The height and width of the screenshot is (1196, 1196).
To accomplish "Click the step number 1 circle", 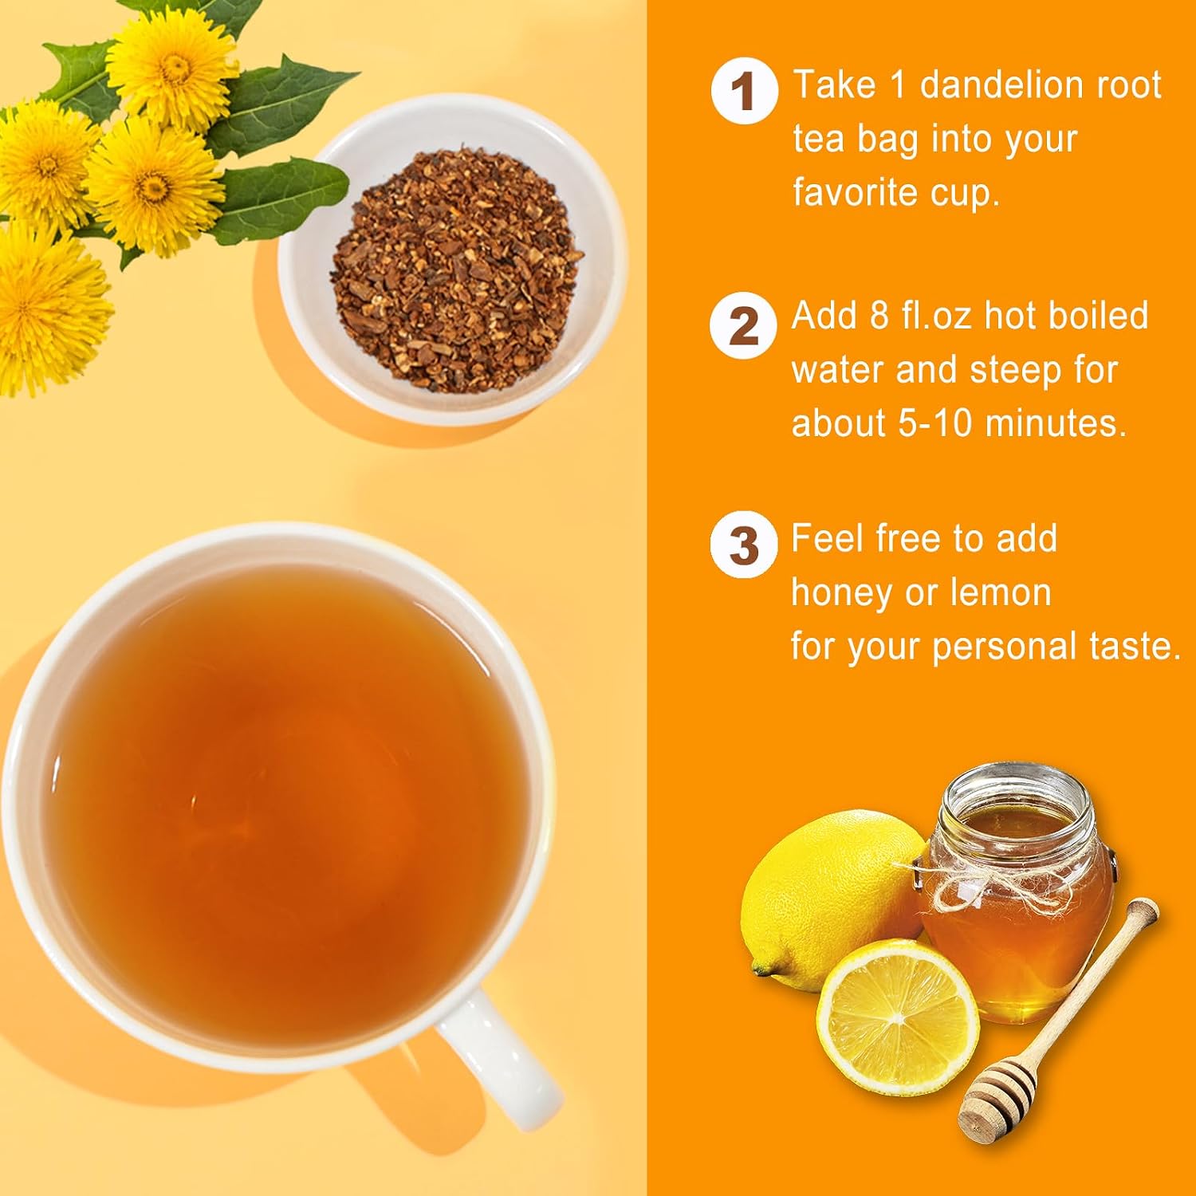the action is [744, 91].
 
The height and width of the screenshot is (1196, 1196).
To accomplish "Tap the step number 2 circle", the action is [743, 326].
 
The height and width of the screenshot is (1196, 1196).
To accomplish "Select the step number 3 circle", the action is [743, 545].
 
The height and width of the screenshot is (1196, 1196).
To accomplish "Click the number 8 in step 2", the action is [879, 316].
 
